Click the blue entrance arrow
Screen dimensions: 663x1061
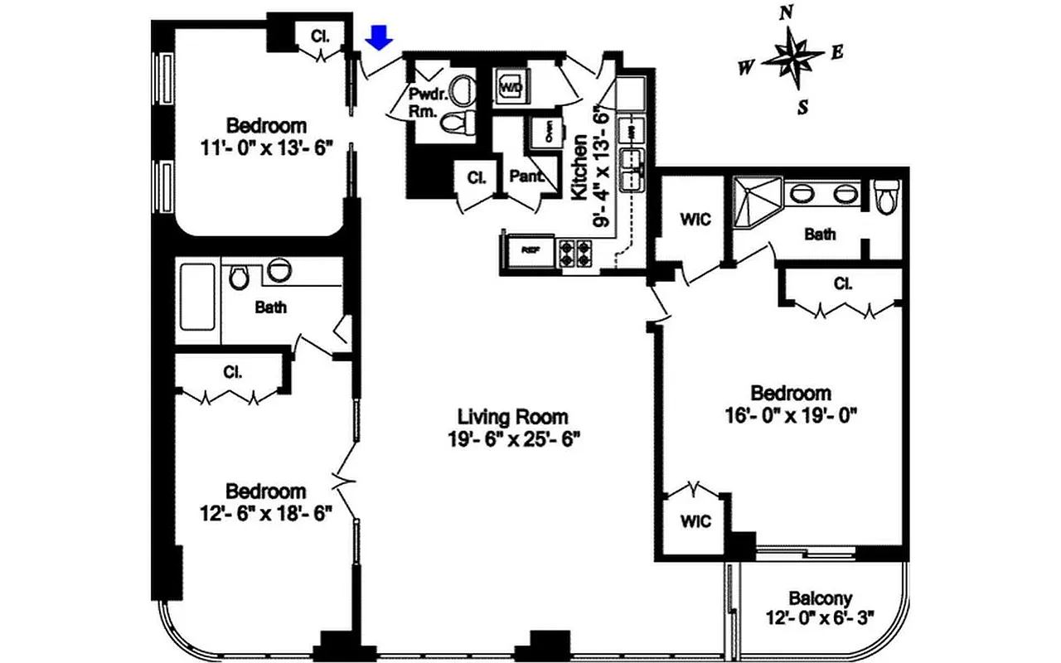click(x=379, y=36)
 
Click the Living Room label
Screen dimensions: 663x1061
click(x=514, y=416)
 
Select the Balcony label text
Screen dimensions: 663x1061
click(x=821, y=598)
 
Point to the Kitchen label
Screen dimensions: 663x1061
click(x=580, y=168)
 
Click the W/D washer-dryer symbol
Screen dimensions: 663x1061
click(x=508, y=85)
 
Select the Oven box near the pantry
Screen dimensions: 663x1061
click(x=547, y=132)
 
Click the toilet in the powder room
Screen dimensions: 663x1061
click(x=454, y=123)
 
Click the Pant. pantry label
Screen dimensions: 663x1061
click(x=526, y=177)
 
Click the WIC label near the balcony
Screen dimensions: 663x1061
click(x=695, y=521)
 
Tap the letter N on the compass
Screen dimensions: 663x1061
click(x=787, y=12)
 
